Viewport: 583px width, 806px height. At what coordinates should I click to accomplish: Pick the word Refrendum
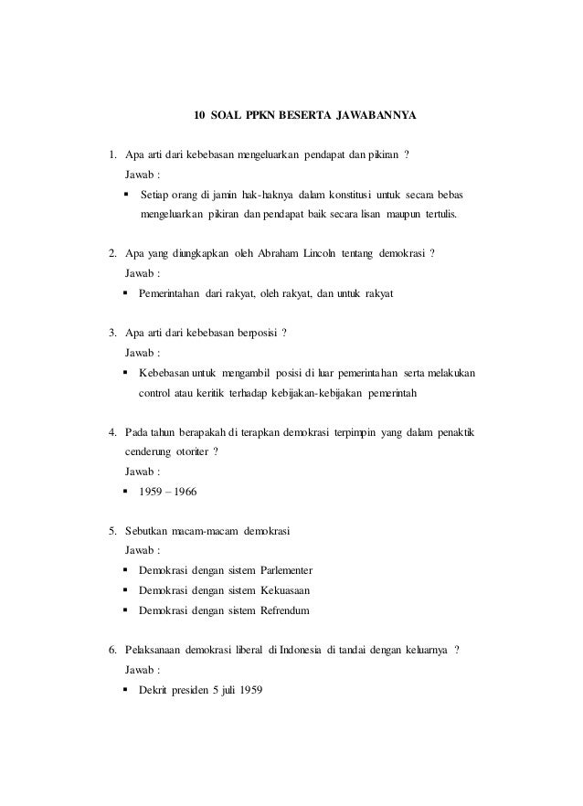click(x=293, y=610)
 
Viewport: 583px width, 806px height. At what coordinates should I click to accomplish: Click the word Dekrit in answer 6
click(x=154, y=689)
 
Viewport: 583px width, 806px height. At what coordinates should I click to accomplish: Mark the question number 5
click(x=111, y=531)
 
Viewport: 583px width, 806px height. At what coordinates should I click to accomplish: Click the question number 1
click(x=111, y=154)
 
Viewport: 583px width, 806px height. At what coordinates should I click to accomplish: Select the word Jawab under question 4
click(x=140, y=472)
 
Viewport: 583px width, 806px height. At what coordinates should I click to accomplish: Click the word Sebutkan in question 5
click(x=149, y=531)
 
